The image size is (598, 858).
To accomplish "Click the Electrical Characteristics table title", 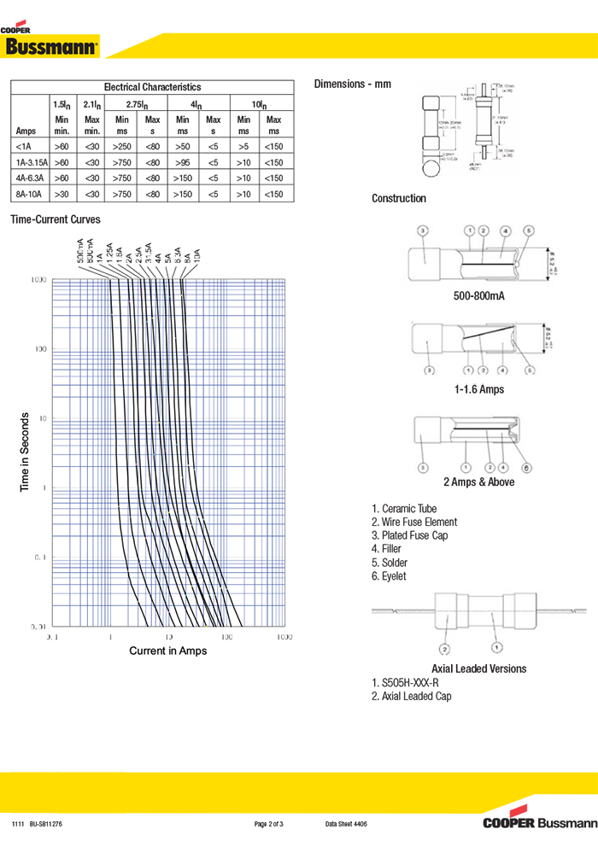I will click(152, 87).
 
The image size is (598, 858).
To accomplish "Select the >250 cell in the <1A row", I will click(122, 146).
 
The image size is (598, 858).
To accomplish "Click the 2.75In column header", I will click(138, 103).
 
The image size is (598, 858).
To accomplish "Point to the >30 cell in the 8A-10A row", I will click(62, 195).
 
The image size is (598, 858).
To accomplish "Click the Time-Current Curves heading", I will click(56, 219).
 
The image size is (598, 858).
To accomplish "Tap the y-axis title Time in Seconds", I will click(25, 452).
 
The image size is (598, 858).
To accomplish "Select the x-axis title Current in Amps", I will click(167, 651).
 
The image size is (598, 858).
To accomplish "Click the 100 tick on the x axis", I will click(226, 637).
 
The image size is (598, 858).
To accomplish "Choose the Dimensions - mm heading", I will click(352, 84).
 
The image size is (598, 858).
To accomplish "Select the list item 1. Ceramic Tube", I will click(404, 508).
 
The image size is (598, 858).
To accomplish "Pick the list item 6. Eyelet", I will click(389, 576).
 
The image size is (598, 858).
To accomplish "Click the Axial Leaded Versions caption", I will click(478, 668).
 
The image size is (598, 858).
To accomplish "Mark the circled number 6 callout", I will click(526, 467).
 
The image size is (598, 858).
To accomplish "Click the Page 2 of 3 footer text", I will click(269, 824).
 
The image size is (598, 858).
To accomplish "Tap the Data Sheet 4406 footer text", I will click(346, 824).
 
